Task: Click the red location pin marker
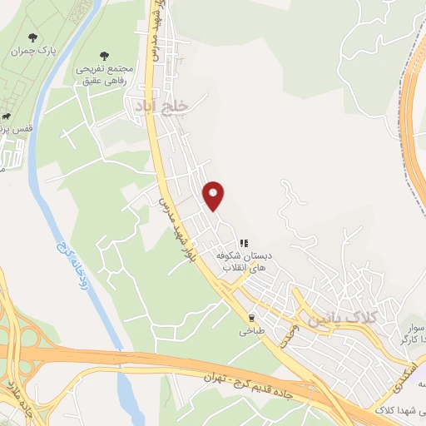pyautogui.click(x=214, y=195)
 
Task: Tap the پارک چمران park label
pyautogui.click(x=32, y=52)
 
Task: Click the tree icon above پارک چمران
pyautogui.click(x=32, y=37)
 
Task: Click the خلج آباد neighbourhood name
pyautogui.click(x=161, y=106)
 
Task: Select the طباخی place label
pyautogui.click(x=251, y=331)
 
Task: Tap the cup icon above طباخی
pyautogui.click(x=251, y=317)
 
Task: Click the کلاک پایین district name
pyautogui.click(x=342, y=319)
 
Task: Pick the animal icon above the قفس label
pyautogui.click(x=7, y=117)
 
